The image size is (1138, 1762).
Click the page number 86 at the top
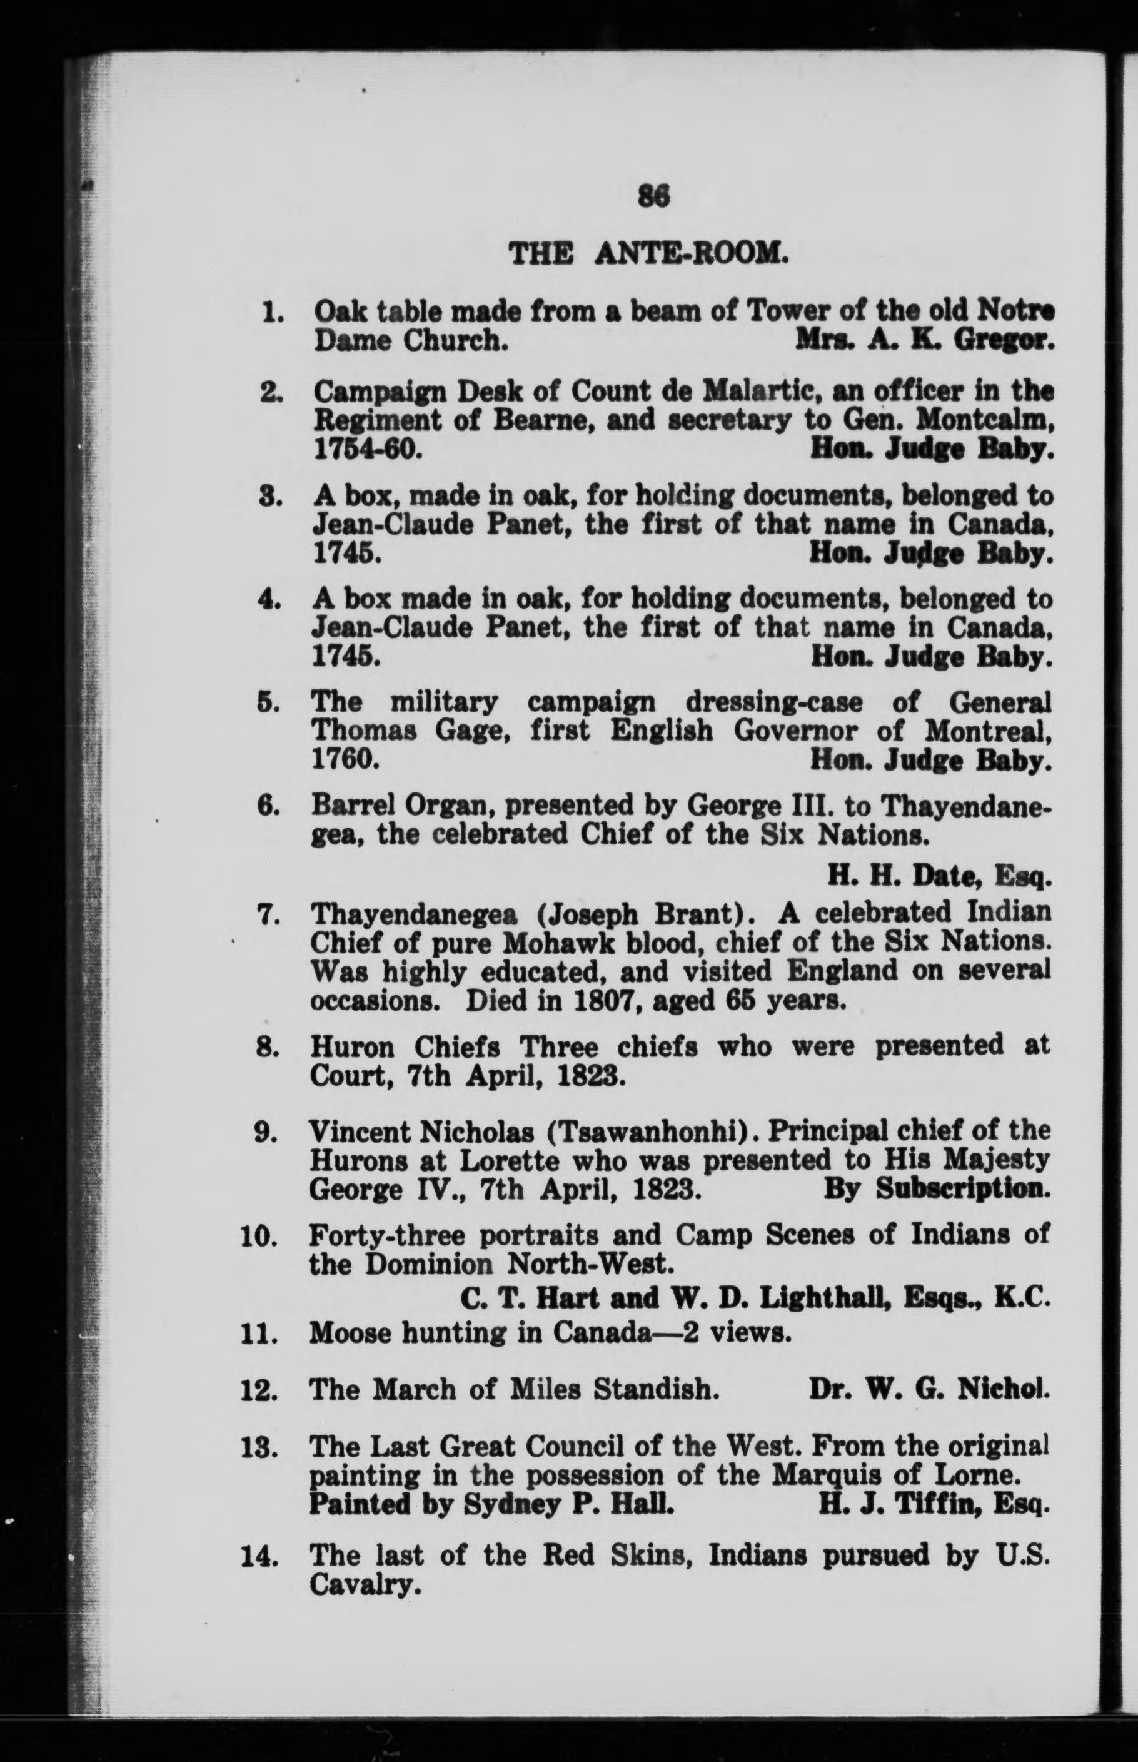653,196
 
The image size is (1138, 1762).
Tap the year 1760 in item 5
346,761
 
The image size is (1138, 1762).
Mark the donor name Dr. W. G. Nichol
928,1389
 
